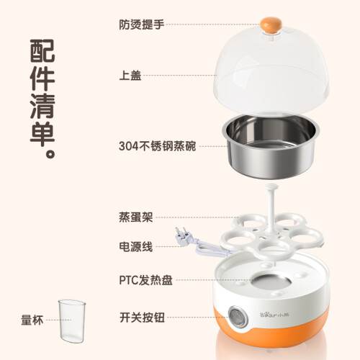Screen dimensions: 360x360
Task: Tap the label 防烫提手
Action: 142,24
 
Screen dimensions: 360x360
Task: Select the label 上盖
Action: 130,76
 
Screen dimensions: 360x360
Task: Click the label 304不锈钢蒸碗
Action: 158,146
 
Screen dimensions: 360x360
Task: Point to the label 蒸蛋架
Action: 136,217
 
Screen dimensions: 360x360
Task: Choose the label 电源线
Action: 136,246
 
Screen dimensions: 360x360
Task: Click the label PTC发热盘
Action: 146,280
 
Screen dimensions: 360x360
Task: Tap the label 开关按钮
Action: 142,318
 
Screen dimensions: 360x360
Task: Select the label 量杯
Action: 32,320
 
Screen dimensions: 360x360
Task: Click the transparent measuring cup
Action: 72,320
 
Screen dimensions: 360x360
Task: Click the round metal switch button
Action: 238,317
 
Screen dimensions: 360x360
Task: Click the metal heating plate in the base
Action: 271,283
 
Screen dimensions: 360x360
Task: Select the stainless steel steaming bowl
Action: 271,145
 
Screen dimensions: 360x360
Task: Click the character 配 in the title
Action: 42,51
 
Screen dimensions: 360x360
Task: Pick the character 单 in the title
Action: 42,134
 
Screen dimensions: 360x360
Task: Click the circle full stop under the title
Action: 50,153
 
